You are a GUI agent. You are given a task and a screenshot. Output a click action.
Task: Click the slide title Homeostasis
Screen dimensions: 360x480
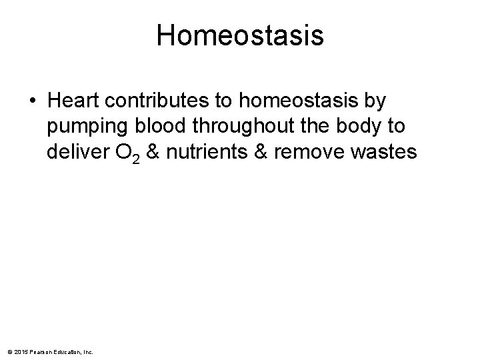click(x=240, y=36)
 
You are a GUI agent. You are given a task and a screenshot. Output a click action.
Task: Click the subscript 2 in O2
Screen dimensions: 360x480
click(x=135, y=158)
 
